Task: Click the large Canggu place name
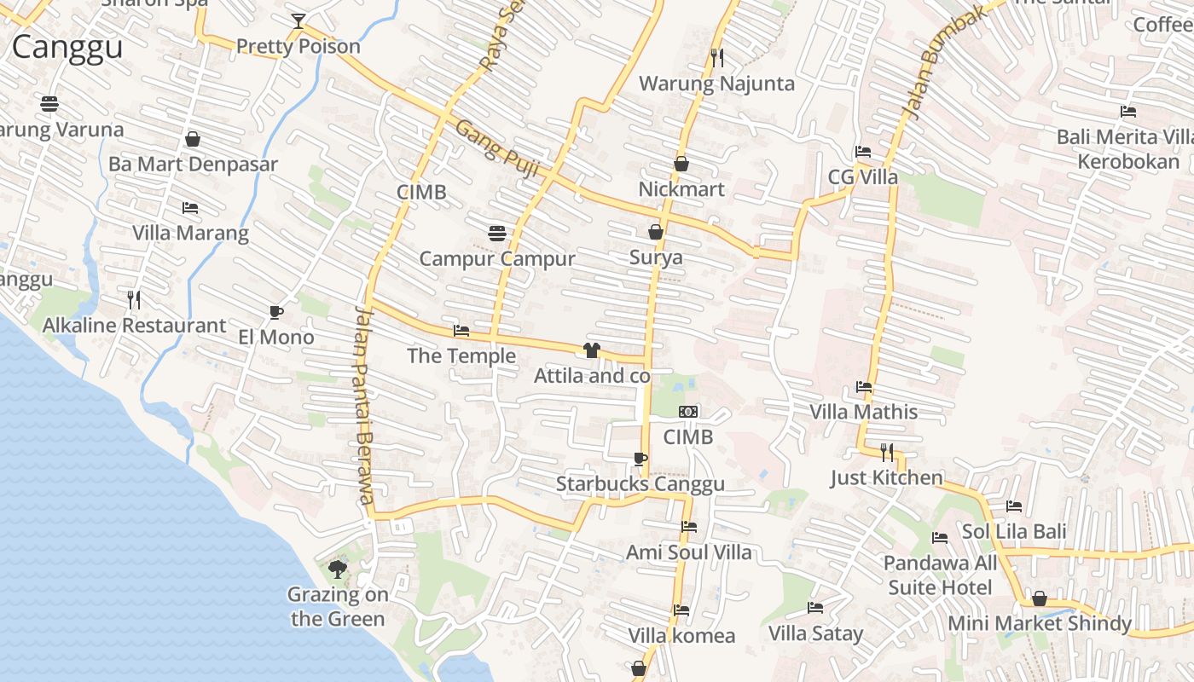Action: pyautogui.click(x=67, y=48)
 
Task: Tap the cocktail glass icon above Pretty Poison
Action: pyautogui.click(x=298, y=21)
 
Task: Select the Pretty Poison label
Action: pyautogui.click(x=298, y=46)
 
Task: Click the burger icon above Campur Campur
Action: pyautogui.click(x=497, y=233)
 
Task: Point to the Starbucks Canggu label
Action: pyautogui.click(x=640, y=484)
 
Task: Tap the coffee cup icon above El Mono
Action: pyautogui.click(x=275, y=312)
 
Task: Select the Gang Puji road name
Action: pyautogui.click(x=498, y=150)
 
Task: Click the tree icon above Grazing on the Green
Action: pyautogui.click(x=337, y=569)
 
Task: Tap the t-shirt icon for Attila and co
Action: pyautogui.click(x=591, y=350)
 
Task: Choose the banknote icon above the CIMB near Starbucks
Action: pyautogui.click(x=687, y=412)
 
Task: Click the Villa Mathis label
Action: pyautogui.click(x=863, y=412)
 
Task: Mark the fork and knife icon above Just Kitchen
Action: pyautogui.click(x=887, y=452)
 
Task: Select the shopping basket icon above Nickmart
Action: pyautogui.click(x=681, y=164)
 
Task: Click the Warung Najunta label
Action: pyautogui.click(x=716, y=84)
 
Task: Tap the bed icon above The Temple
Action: pyautogui.click(x=461, y=331)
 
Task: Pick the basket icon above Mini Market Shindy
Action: pyautogui.click(x=1039, y=598)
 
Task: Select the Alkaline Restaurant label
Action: pyautogui.click(x=134, y=326)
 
